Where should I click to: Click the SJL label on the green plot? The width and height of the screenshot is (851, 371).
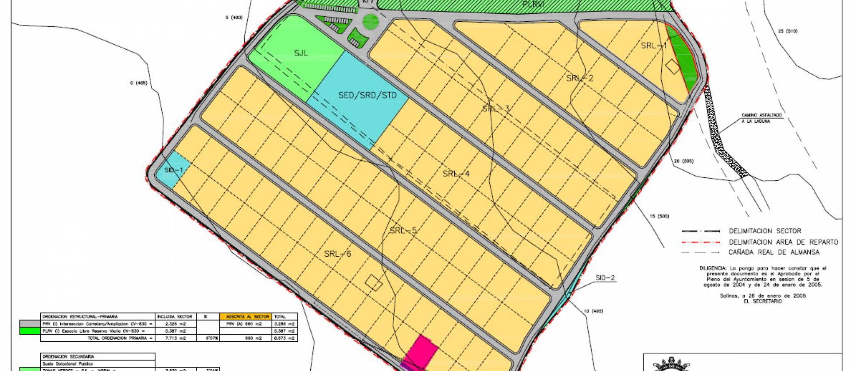301,54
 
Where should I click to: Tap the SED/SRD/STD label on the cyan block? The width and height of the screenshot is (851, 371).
367,95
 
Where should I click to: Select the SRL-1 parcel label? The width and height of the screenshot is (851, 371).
654,46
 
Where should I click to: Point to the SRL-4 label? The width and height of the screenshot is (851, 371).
456,174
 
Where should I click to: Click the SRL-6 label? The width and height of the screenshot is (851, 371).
337,254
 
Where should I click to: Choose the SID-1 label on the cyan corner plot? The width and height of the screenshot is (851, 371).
173,170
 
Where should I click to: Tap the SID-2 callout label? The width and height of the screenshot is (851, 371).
605,278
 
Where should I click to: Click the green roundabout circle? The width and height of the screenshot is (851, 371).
371,20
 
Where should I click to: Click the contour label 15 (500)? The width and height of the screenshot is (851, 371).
659,216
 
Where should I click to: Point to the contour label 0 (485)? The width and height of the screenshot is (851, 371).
138,83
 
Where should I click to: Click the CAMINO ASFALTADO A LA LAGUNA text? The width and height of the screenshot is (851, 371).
762,118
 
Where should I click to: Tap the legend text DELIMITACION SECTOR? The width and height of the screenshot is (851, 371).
765,231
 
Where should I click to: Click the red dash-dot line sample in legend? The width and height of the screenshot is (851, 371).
700,242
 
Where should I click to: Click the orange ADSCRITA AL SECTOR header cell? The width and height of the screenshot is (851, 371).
244,317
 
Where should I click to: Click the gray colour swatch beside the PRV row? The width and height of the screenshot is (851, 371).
30,324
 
